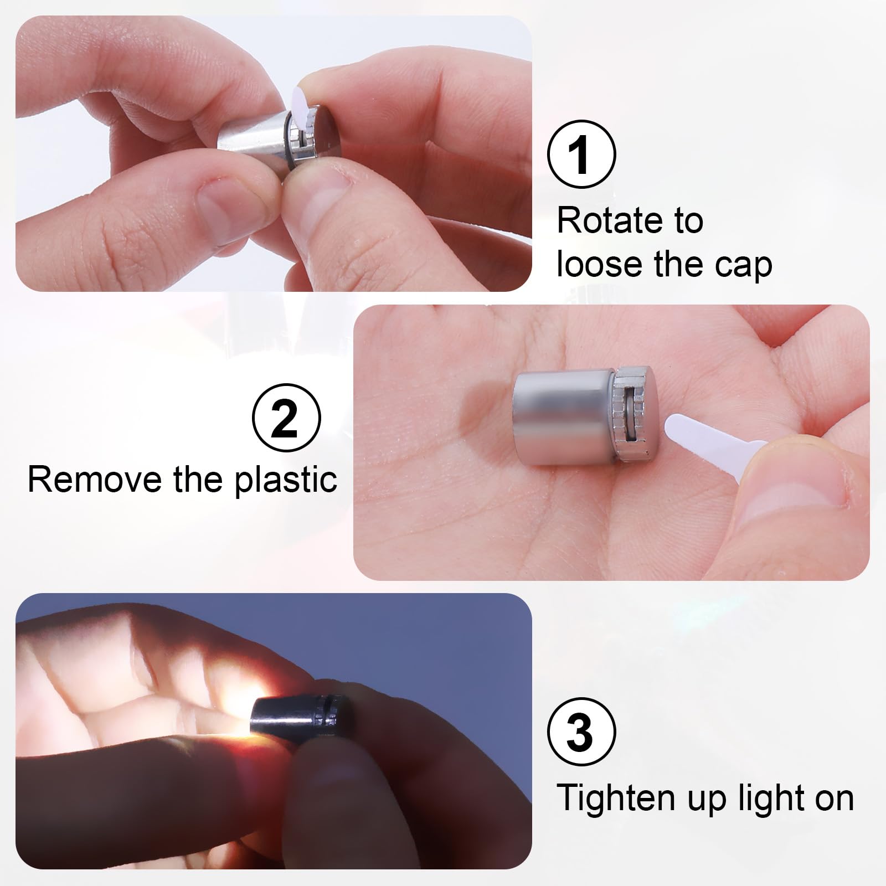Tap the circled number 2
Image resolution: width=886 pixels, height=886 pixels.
286,419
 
